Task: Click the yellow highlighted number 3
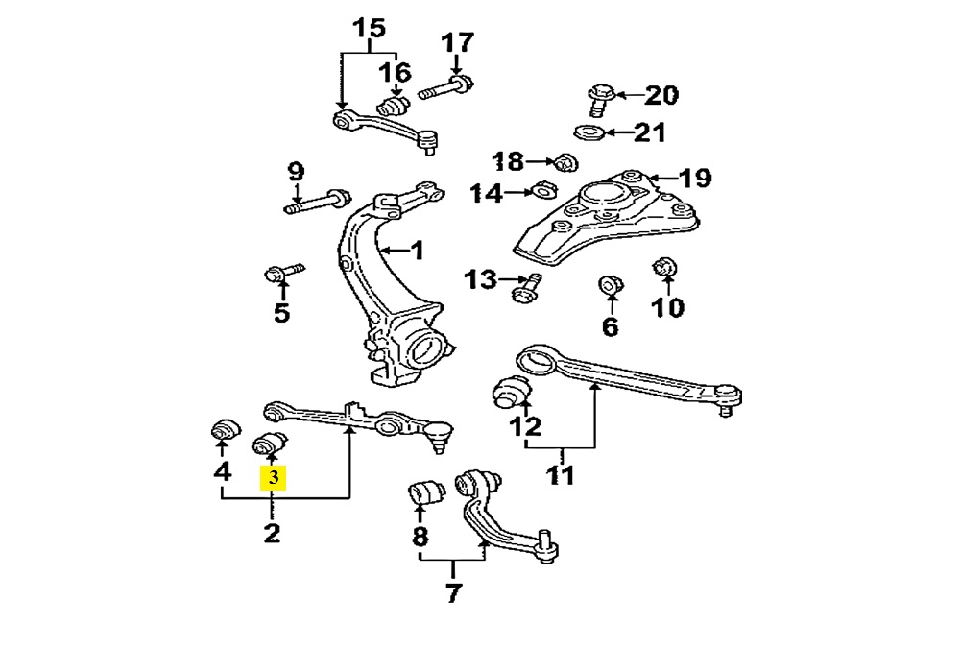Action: click(274, 477)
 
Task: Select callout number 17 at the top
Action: click(457, 44)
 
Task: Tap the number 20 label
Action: click(661, 95)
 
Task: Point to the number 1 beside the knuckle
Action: click(416, 252)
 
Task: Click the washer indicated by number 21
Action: click(589, 132)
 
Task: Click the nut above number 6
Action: click(609, 286)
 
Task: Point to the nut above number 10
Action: click(666, 267)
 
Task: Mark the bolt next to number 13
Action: click(527, 286)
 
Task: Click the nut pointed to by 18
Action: click(565, 161)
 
